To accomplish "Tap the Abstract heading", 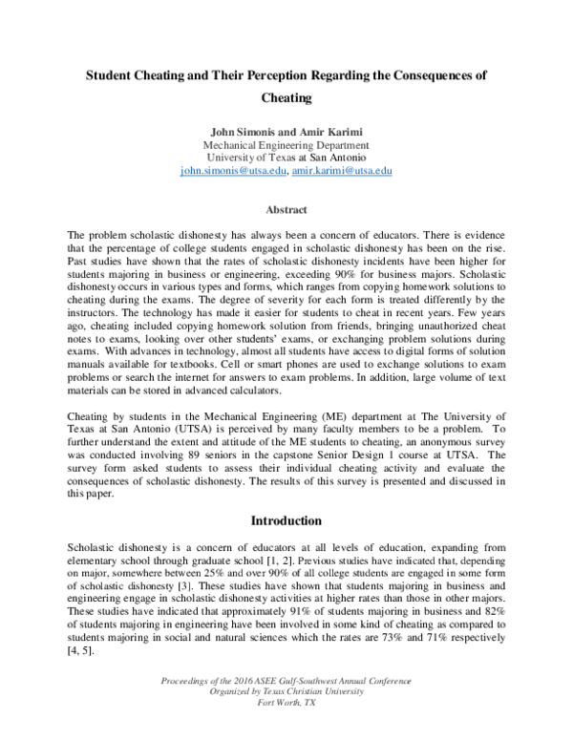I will pos(286,209).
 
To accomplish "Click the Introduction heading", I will pos(286,521).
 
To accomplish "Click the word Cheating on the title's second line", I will pos(286,97).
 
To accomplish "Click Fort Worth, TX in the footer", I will pos(286,729).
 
